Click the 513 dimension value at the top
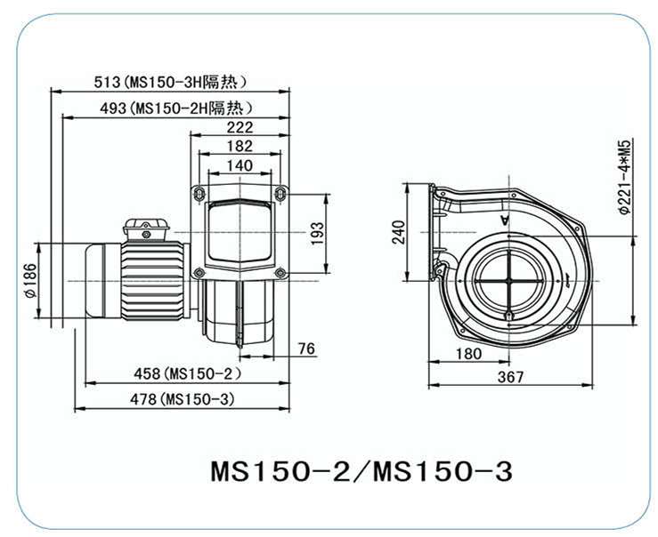click(x=107, y=83)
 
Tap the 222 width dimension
click(x=240, y=127)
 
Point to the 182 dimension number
click(x=240, y=146)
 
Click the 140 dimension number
click(x=240, y=165)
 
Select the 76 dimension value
click(x=305, y=349)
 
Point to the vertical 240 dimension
click(x=398, y=233)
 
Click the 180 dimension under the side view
click(x=467, y=353)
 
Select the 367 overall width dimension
click(x=510, y=376)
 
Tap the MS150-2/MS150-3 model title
click(x=361, y=470)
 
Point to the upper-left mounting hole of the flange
click(x=199, y=192)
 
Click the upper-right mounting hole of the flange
click(x=280, y=192)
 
